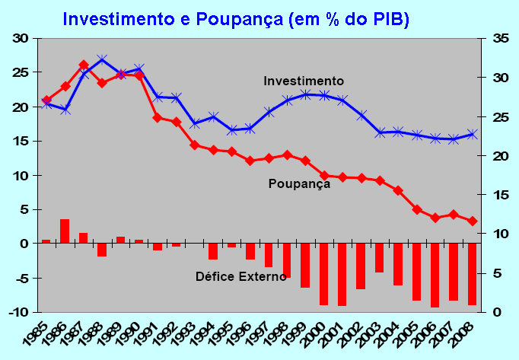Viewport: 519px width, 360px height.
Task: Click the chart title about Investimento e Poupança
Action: (236, 18)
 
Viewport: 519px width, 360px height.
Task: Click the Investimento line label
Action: (304, 81)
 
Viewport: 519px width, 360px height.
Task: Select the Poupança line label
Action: (299, 183)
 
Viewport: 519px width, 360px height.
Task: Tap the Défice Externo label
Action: (240, 276)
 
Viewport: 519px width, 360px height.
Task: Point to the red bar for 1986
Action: (65, 231)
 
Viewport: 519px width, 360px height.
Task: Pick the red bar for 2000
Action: (323, 274)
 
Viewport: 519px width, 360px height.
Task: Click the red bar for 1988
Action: (102, 250)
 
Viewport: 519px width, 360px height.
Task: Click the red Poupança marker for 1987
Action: (84, 65)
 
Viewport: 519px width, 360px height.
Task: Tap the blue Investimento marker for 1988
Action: (102, 59)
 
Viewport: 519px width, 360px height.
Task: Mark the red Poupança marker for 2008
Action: (472, 221)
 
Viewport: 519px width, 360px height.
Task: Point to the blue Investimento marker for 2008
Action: (472, 134)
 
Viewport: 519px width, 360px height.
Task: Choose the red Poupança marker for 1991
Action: (158, 117)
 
